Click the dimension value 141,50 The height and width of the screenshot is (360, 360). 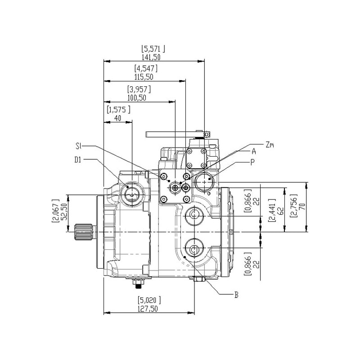coord(151,57)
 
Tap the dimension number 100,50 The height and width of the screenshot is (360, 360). coord(137,98)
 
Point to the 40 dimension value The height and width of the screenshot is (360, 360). coord(117,118)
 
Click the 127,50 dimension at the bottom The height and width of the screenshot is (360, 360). coord(148,309)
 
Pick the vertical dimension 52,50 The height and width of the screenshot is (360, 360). coord(65,211)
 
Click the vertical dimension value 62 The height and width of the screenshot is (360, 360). coord(281,211)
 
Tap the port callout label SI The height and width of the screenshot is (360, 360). coord(78,146)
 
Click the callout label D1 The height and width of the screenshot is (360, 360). coord(78,160)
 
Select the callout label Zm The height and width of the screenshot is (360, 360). coord(270,145)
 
